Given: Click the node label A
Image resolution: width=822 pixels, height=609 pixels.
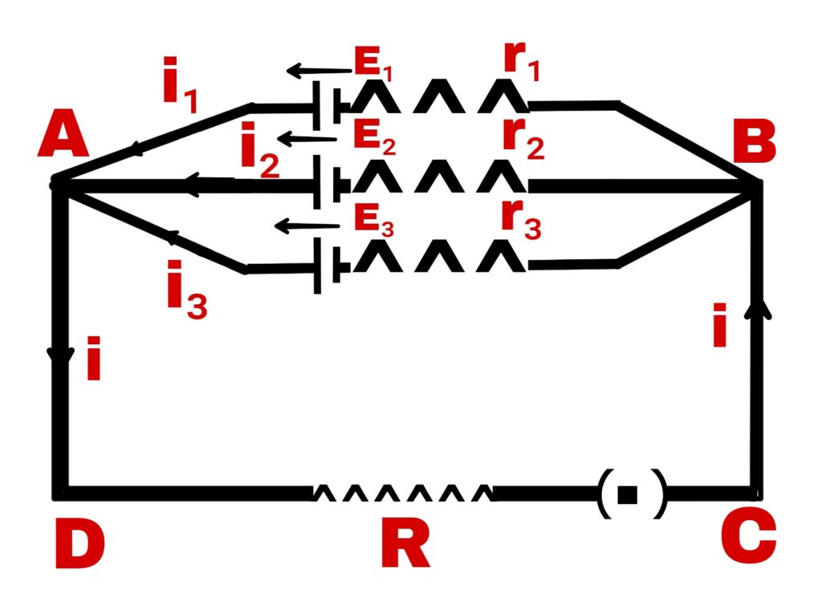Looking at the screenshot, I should (63, 134).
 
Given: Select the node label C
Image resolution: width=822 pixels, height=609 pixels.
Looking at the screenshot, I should (748, 535).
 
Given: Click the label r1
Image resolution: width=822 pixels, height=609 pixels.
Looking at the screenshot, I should (521, 59).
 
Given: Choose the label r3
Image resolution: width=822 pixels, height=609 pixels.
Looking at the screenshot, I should (521, 217).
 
